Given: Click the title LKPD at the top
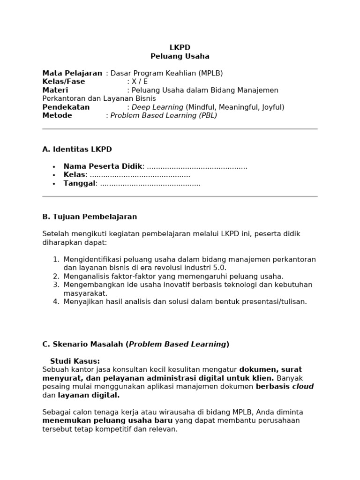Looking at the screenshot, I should pyautogui.click(x=180, y=47).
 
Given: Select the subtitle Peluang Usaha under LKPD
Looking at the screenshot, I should pyautogui.click(x=180, y=56).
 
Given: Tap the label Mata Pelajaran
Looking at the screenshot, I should pyautogui.click(x=72, y=73).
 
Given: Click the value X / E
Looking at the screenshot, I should pyautogui.click(x=140, y=82).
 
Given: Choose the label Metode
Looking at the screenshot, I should pyautogui.click(x=57, y=115).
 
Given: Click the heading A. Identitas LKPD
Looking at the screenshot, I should pyautogui.click(x=77, y=150).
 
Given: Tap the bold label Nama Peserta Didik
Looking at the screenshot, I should pyautogui.click(x=103, y=166).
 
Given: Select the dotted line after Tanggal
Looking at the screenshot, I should pyautogui.click(x=150, y=183).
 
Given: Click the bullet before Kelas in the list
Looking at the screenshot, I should pyautogui.click(x=54, y=175).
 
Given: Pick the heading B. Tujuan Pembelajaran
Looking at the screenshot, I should pyautogui.click(x=90, y=217).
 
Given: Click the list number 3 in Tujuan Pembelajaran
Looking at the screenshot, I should pyautogui.click(x=56, y=285).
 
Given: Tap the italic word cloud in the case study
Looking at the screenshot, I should pyautogui.click(x=303, y=387).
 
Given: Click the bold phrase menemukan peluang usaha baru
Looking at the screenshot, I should pyautogui.click(x=107, y=420).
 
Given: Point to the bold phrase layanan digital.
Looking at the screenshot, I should pyautogui.click(x=89, y=395).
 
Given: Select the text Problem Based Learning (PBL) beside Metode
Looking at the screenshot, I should pyautogui.click(x=164, y=115).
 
